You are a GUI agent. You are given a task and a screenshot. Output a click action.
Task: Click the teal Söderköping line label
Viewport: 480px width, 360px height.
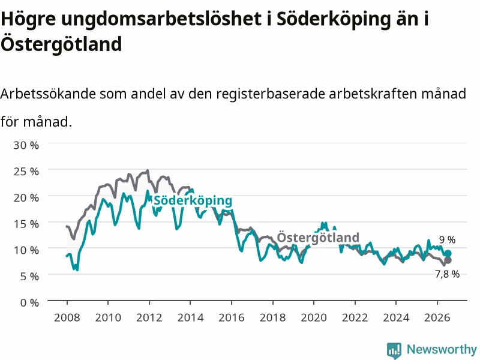(193, 201)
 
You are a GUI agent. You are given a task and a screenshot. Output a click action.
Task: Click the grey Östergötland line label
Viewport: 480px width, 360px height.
(318, 238)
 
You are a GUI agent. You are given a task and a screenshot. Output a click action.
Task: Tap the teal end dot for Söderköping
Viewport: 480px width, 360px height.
(448, 253)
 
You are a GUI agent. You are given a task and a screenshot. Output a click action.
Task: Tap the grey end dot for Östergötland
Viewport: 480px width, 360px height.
(448, 260)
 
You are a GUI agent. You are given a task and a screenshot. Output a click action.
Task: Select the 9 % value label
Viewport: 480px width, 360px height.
(447, 239)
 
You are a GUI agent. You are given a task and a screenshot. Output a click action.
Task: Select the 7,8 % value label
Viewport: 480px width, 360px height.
(447, 274)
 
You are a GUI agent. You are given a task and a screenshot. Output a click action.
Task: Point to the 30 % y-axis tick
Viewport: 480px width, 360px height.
(26, 145)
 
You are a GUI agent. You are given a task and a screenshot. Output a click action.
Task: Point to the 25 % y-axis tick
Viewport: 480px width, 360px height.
(26, 172)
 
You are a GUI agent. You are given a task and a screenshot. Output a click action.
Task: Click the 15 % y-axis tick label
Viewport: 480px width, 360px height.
(26, 224)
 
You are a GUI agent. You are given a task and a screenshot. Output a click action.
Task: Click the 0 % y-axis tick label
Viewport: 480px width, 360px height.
(29, 303)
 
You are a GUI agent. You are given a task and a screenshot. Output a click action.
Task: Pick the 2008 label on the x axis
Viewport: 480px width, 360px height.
(67, 317)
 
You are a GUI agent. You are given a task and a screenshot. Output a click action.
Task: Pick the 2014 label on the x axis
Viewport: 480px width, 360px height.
(190, 317)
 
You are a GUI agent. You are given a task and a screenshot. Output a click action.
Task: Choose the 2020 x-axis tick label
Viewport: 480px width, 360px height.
(314, 317)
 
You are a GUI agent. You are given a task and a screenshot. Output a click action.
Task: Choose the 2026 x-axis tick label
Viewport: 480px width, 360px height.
(437, 317)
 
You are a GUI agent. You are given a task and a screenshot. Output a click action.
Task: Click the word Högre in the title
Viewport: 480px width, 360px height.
(28, 20)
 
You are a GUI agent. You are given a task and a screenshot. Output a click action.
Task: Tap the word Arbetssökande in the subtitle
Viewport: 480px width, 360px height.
(48, 94)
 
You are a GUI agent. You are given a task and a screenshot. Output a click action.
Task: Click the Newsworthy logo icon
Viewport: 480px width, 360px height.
(394, 350)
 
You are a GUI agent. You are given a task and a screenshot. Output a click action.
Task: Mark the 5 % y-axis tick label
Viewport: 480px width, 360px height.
(29, 277)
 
